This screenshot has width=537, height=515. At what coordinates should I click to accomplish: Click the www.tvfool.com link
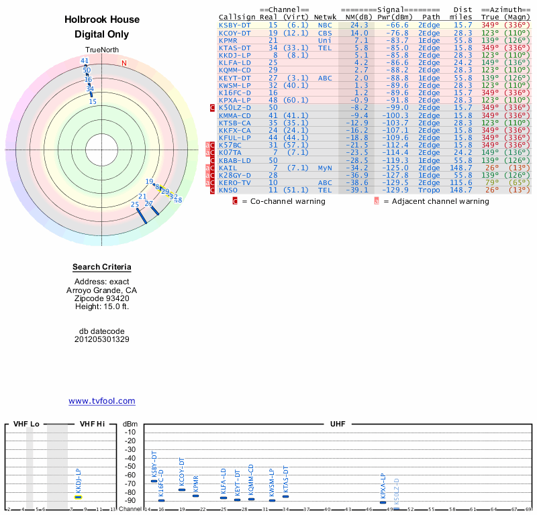pyautogui.click(x=101, y=401)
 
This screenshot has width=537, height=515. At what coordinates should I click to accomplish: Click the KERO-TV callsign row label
pyautogui.click(x=234, y=182)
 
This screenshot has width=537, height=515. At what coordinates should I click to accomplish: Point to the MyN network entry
pyautogui.click(x=325, y=168)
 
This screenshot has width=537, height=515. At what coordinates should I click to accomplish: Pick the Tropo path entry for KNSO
pyautogui.click(x=430, y=190)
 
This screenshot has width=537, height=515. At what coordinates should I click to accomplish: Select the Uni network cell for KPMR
pyautogui.click(x=325, y=40)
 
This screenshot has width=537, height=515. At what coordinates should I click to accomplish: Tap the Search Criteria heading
pyautogui.click(x=101, y=267)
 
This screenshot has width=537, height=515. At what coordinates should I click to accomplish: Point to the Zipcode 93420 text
pyautogui.click(x=101, y=298)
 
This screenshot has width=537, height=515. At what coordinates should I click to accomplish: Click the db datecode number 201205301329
pyautogui.click(x=101, y=339)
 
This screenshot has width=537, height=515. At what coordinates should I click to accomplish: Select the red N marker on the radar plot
pyautogui.click(x=124, y=63)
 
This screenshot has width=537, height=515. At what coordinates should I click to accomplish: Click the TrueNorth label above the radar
pyautogui.click(x=101, y=52)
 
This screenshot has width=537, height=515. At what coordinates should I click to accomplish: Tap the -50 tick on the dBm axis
pyautogui.click(x=130, y=466)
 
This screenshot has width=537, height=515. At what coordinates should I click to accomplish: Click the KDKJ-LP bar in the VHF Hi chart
pyautogui.click(x=78, y=497)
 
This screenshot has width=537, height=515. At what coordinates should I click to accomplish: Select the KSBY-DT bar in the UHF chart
pyautogui.click(x=154, y=481)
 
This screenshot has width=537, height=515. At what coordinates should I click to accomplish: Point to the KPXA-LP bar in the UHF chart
pyautogui.click(x=383, y=502)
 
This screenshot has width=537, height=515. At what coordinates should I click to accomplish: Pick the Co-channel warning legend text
pyautogui.click(x=289, y=201)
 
